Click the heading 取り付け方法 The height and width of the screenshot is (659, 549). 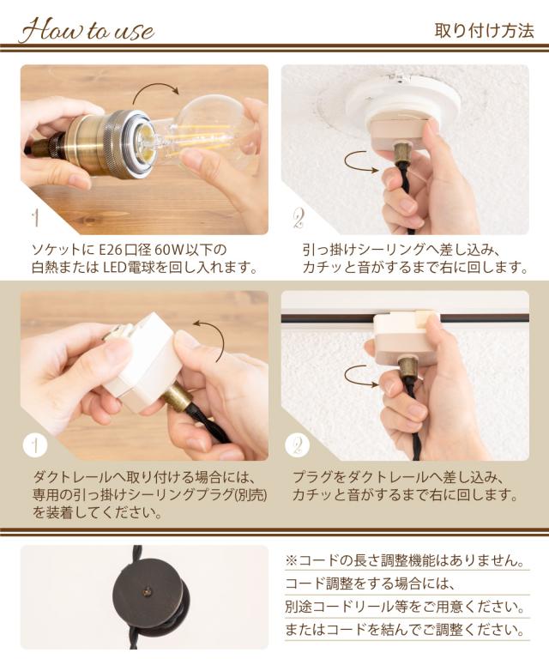tap(485, 31)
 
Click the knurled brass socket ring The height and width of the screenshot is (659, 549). tap(123, 142)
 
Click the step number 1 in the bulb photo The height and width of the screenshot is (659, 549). tap(36, 218)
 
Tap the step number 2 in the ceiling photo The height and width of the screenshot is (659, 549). tap(299, 219)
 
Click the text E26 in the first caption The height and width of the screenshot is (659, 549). tap(111, 250)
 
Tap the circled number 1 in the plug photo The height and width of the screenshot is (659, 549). tap(35, 445)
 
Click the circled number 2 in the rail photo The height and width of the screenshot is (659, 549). tap(298, 445)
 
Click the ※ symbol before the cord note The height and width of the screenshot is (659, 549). tap(292, 560)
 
